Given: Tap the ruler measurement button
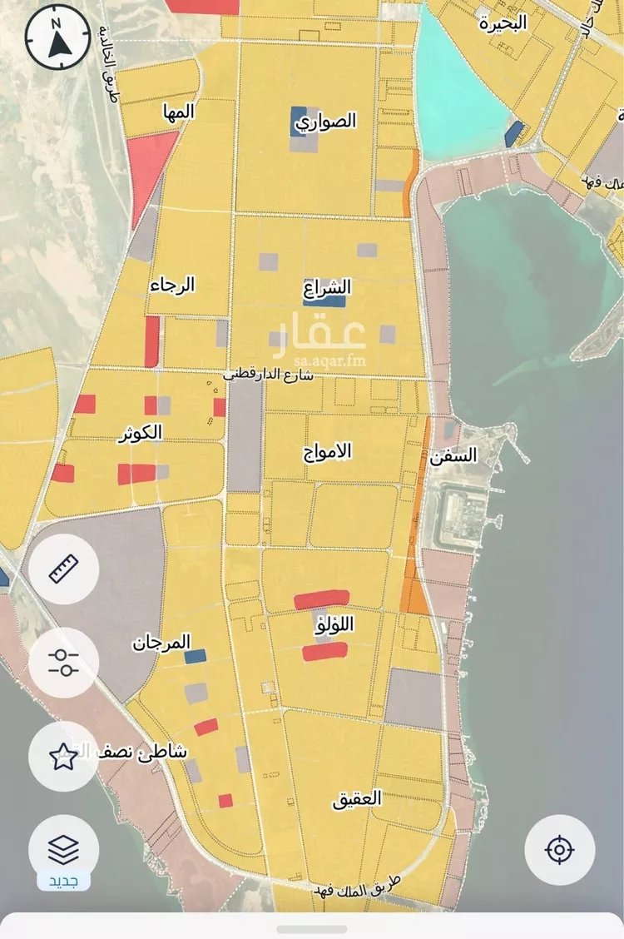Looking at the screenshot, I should click(63, 569).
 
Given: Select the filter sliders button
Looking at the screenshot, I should click(63, 663).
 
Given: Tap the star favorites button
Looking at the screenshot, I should click(63, 757).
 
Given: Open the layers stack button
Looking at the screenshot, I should click(63, 849).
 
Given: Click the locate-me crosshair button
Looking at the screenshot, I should click(559, 850).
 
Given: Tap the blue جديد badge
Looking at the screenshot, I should click(63, 881).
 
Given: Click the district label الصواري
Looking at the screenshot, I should click(327, 122).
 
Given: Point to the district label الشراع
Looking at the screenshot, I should click(328, 288).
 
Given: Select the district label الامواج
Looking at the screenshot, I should click(328, 451).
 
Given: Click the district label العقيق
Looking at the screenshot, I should click(357, 800).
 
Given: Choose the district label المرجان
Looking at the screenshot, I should click(161, 643).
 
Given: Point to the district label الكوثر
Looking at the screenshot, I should click(141, 433).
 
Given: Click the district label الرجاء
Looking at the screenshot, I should click(172, 286).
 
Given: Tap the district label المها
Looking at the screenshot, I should click(179, 111).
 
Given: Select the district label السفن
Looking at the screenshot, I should click(454, 455).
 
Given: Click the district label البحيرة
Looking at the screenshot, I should click(503, 22).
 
